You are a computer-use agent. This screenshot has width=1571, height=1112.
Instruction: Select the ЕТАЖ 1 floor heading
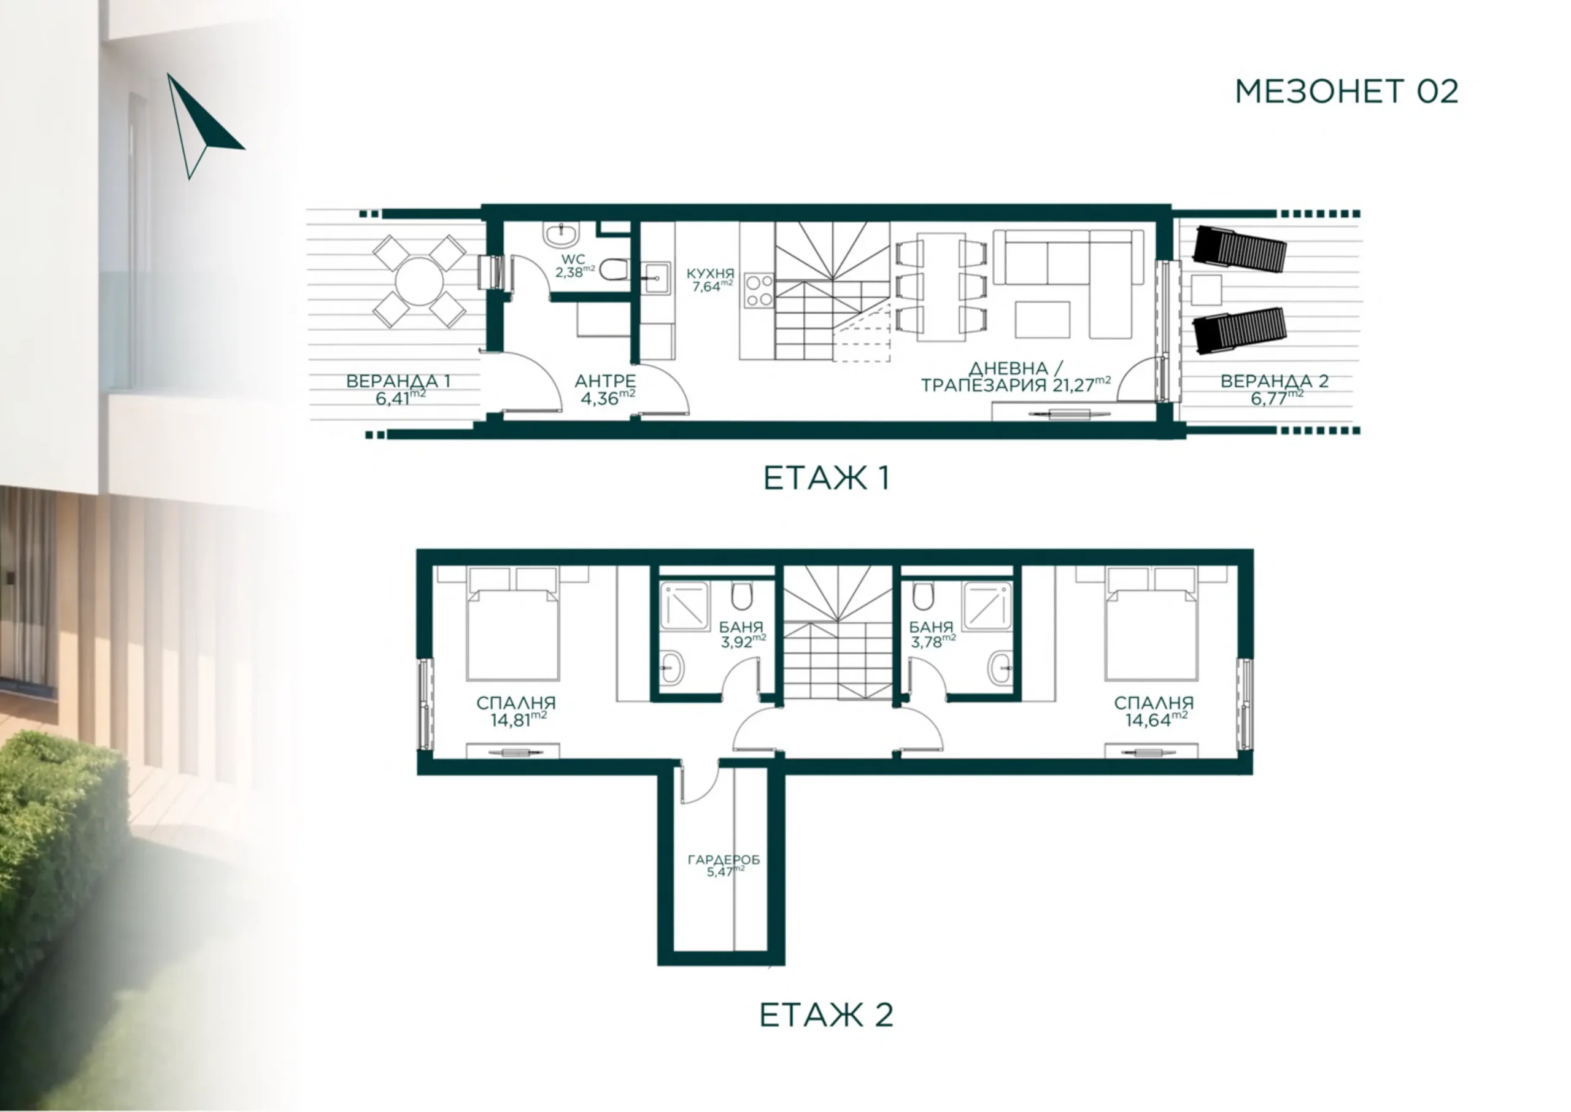(826, 478)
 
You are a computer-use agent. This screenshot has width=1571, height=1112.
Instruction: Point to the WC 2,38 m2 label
(574, 266)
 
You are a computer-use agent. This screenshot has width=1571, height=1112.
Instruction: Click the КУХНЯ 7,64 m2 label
(711, 280)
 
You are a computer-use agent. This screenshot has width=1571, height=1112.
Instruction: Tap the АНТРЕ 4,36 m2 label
(605, 390)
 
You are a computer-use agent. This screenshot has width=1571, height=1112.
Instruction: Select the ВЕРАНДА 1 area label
(398, 390)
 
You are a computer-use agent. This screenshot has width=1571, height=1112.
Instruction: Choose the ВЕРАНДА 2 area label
(1275, 390)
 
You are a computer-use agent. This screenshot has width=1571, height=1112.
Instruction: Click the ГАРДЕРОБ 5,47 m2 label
(724, 865)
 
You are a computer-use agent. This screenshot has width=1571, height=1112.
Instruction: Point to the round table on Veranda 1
(419, 282)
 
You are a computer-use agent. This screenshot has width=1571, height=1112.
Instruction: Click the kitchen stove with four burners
(759, 291)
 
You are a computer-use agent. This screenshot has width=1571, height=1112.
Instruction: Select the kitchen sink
(657, 278)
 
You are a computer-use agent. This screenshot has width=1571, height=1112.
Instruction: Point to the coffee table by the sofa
(1043, 320)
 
